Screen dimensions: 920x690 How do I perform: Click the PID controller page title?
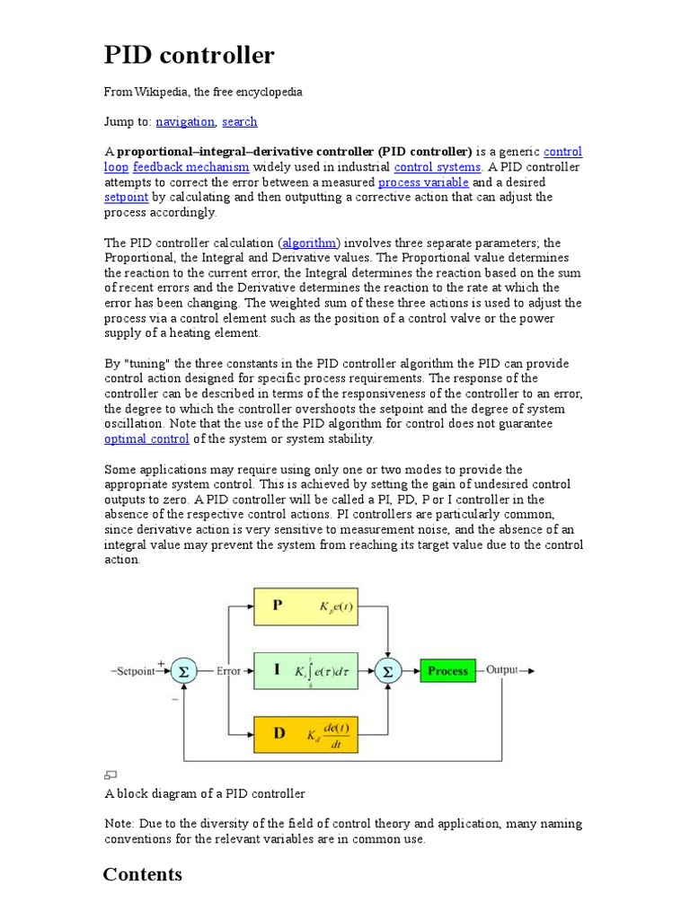190,56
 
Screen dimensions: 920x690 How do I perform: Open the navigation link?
185,121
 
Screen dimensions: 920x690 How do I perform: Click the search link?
240,121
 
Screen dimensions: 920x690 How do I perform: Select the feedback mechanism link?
190,167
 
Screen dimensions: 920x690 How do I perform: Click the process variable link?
423,182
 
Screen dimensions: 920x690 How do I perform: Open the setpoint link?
126,197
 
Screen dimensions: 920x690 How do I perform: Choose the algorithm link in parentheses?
310,243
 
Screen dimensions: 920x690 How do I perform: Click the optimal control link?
146,439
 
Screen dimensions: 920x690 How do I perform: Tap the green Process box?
448,671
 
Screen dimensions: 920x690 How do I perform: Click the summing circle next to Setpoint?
183,671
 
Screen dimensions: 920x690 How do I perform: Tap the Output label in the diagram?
502,670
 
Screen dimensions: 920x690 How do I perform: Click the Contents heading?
143,874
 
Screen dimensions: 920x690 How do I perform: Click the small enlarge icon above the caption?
111,775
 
